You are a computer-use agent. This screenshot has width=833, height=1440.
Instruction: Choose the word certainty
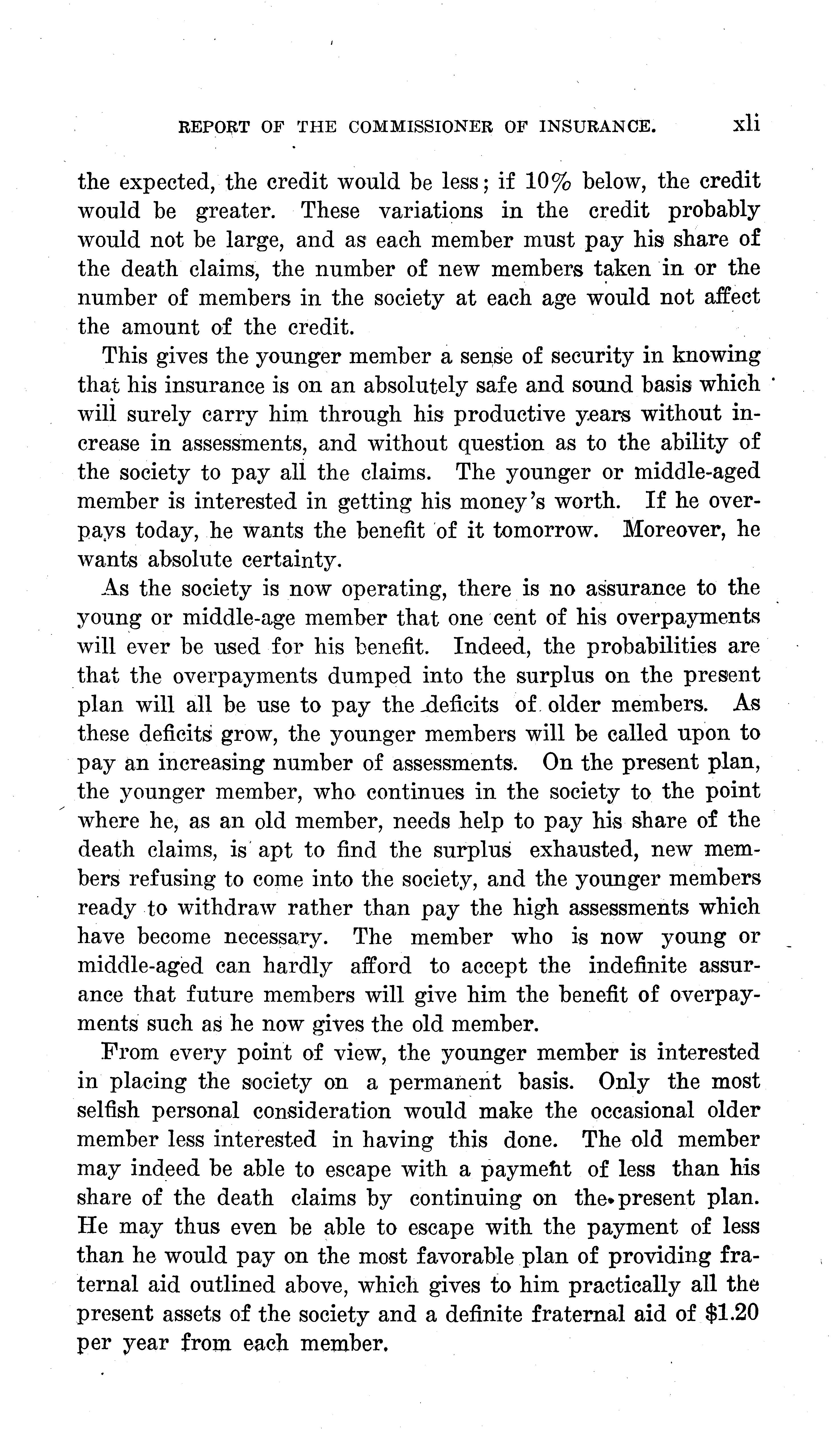(x=291, y=559)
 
